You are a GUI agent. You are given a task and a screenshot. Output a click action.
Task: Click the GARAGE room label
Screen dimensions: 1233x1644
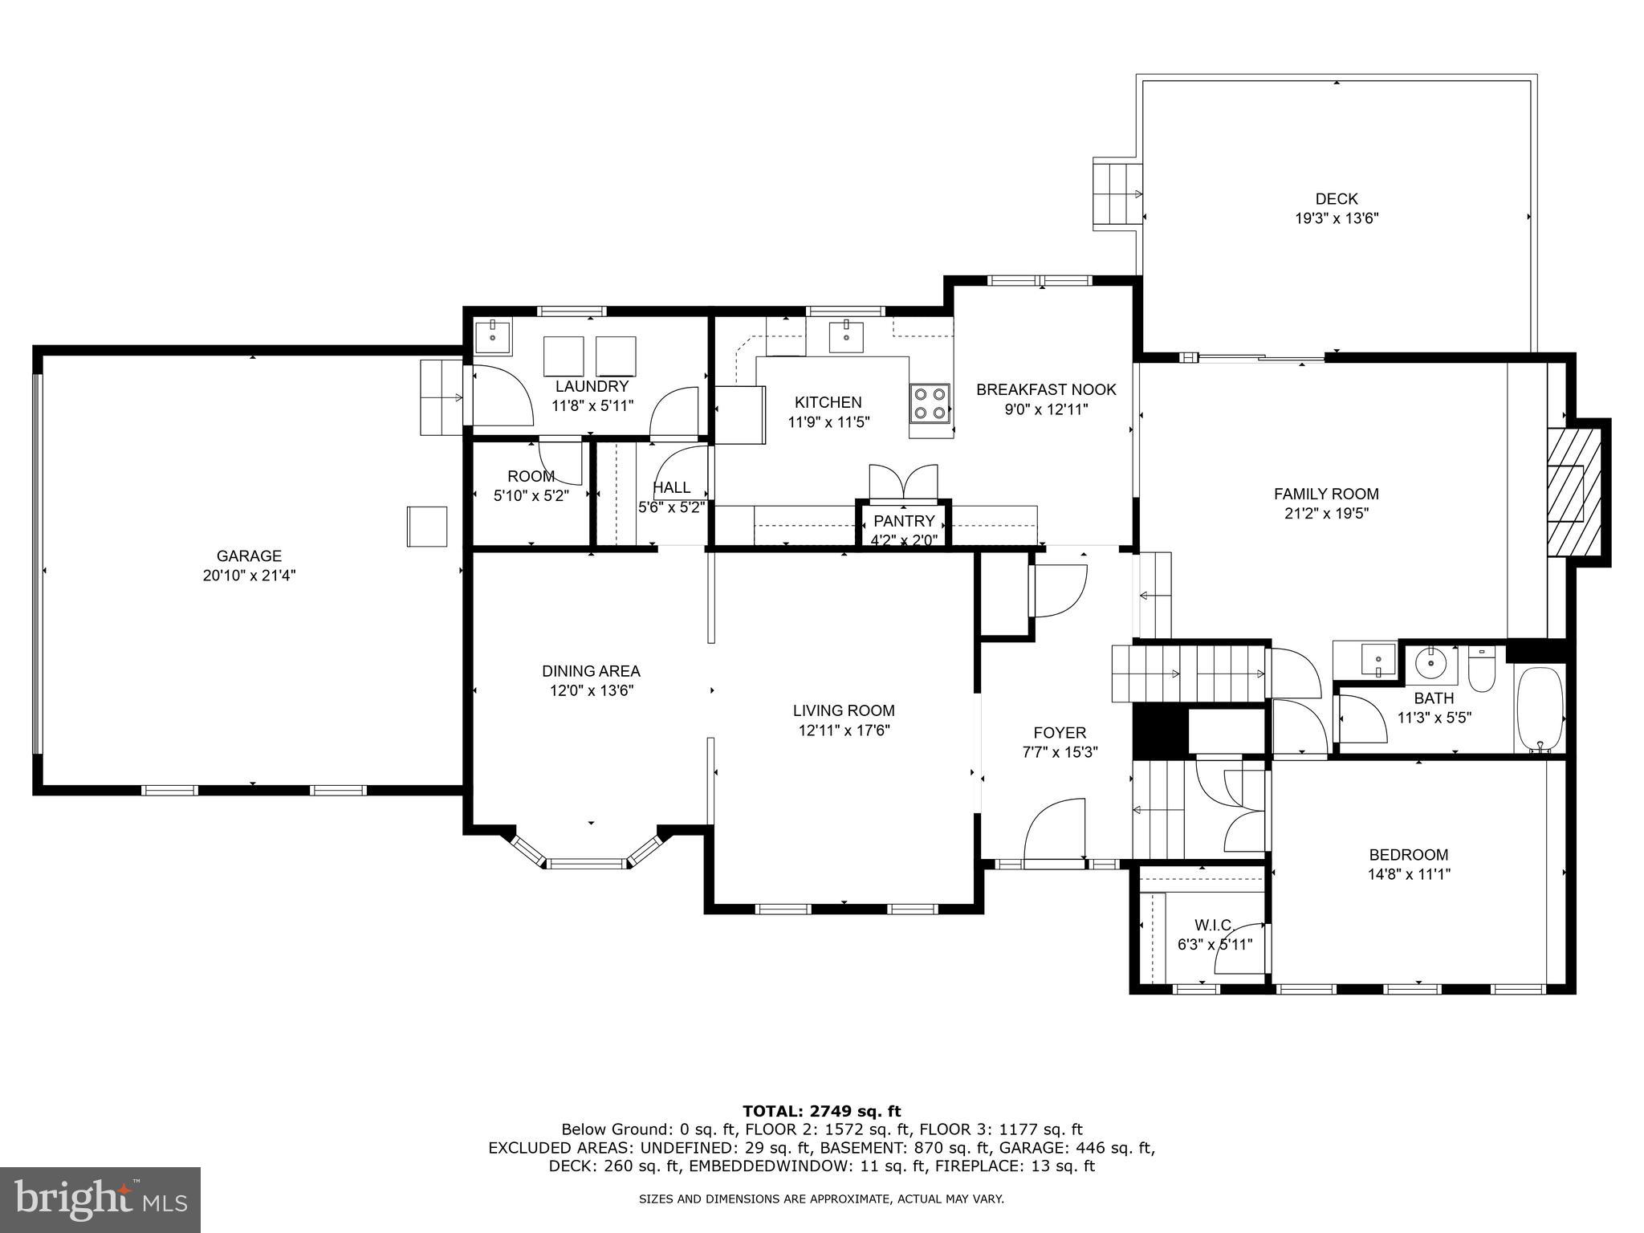[x=249, y=555]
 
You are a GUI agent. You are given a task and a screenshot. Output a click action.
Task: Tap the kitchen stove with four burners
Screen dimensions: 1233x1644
[x=930, y=403]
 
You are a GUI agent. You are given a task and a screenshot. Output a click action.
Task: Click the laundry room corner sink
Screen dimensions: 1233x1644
[x=492, y=336]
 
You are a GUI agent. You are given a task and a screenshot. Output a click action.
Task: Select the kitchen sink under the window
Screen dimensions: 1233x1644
[x=846, y=336]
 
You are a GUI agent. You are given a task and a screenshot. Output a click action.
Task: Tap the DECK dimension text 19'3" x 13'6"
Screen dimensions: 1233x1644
[x=1337, y=218]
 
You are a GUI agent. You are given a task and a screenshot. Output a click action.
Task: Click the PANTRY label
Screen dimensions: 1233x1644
[x=904, y=520]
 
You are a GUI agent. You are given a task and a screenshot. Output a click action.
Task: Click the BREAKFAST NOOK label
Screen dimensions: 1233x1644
[x=1046, y=390]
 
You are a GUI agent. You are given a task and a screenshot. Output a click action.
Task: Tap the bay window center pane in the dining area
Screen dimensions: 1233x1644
[x=587, y=864]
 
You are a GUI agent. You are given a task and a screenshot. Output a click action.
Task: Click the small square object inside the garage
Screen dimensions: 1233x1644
[x=427, y=526]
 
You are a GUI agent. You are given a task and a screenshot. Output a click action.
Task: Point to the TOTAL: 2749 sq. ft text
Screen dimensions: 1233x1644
[x=821, y=1111]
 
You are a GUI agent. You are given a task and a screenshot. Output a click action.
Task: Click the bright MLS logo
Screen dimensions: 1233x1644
[x=100, y=1201]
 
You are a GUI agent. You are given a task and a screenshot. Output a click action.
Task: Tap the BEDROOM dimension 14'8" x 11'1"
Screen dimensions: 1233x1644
[x=1409, y=874]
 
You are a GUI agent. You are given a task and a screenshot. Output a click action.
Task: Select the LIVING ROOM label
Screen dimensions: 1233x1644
[x=844, y=710]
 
